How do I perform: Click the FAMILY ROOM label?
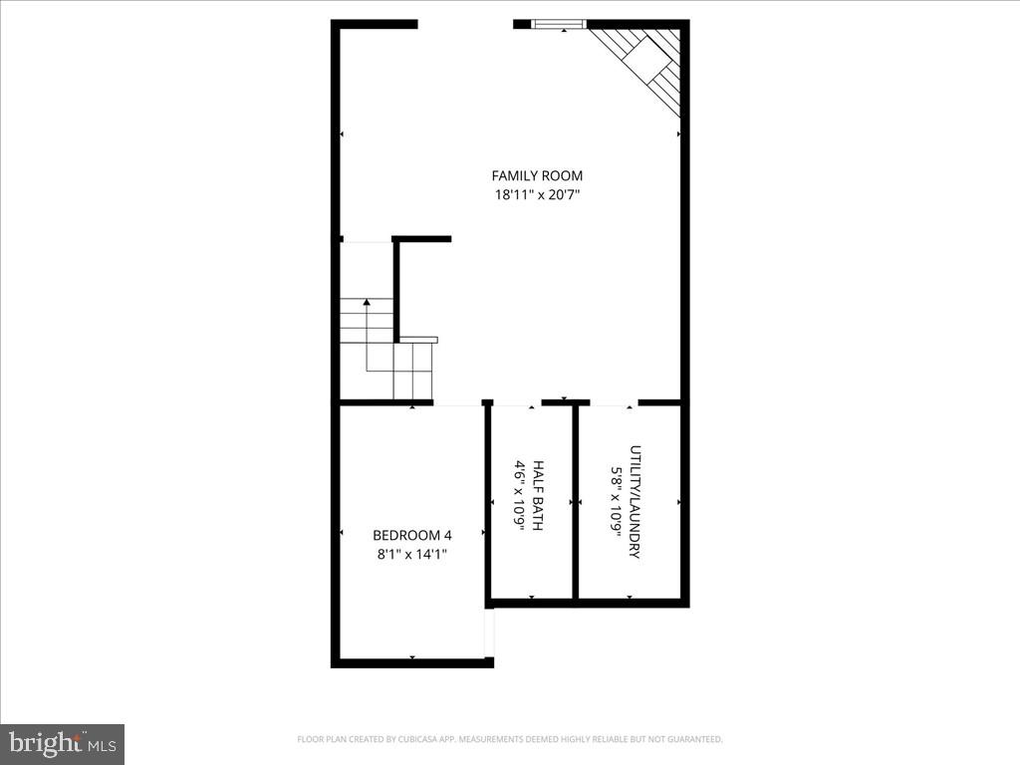pyautogui.click(x=537, y=176)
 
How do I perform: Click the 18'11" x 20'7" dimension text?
pyautogui.click(x=537, y=195)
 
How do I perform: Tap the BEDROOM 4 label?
pyautogui.click(x=411, y=534)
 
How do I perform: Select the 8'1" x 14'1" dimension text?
pyautogui.click(x=411, y=554)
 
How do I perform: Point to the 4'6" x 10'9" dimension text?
pyautogui.click(x=519, y=495)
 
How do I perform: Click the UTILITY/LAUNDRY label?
pyautogui.click(x=635, y=501)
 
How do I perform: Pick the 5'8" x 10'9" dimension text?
pyautogui.click(x=616, y=501)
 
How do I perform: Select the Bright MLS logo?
pyautogui.click(x=62, y=744)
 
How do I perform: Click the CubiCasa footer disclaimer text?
pyautogui.click(x=509, y=739)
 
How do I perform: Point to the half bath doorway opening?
pyautogui.click(x=517, y=402)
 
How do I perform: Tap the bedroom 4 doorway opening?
pyautogui.click(x=457, y=402)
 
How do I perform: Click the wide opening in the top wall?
pyautogui.click(x=465, y=24)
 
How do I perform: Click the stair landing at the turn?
pyautogui.click(x=412, y=370)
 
